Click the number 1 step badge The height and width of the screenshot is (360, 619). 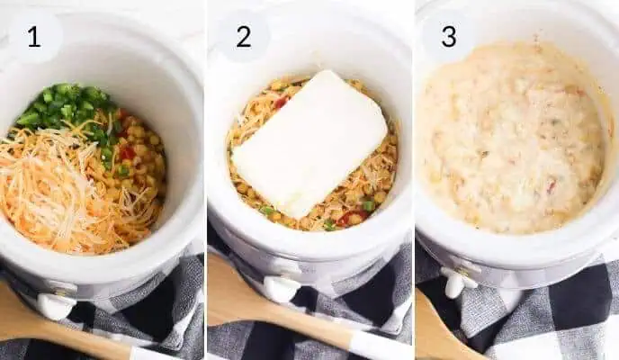click(x=34, y=37)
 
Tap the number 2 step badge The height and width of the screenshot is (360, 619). click(x=243, y=37)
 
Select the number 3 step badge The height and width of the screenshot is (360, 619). click(x=448, y=37)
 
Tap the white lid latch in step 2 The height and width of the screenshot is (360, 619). click(x=280, y=288)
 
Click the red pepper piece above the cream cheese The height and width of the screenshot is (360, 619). click(x=282, y=102)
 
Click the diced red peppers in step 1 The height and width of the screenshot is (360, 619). click(x=127, y=152)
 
